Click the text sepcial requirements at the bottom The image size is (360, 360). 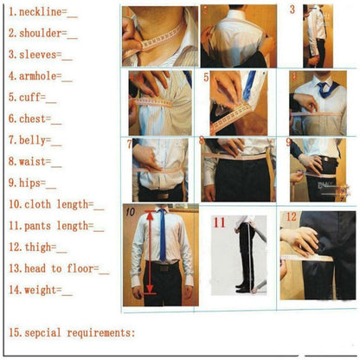click(78, 332)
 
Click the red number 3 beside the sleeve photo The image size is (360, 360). click(292, 10)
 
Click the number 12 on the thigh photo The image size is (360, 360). click(292, 216)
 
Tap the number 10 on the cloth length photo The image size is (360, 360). click(130, 211)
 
